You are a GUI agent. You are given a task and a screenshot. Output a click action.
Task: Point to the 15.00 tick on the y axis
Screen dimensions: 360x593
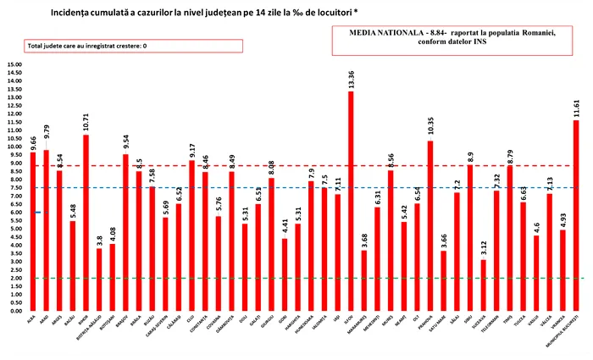(16, 64)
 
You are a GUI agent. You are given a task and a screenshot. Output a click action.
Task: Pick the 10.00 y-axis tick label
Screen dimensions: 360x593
(16, 147)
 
